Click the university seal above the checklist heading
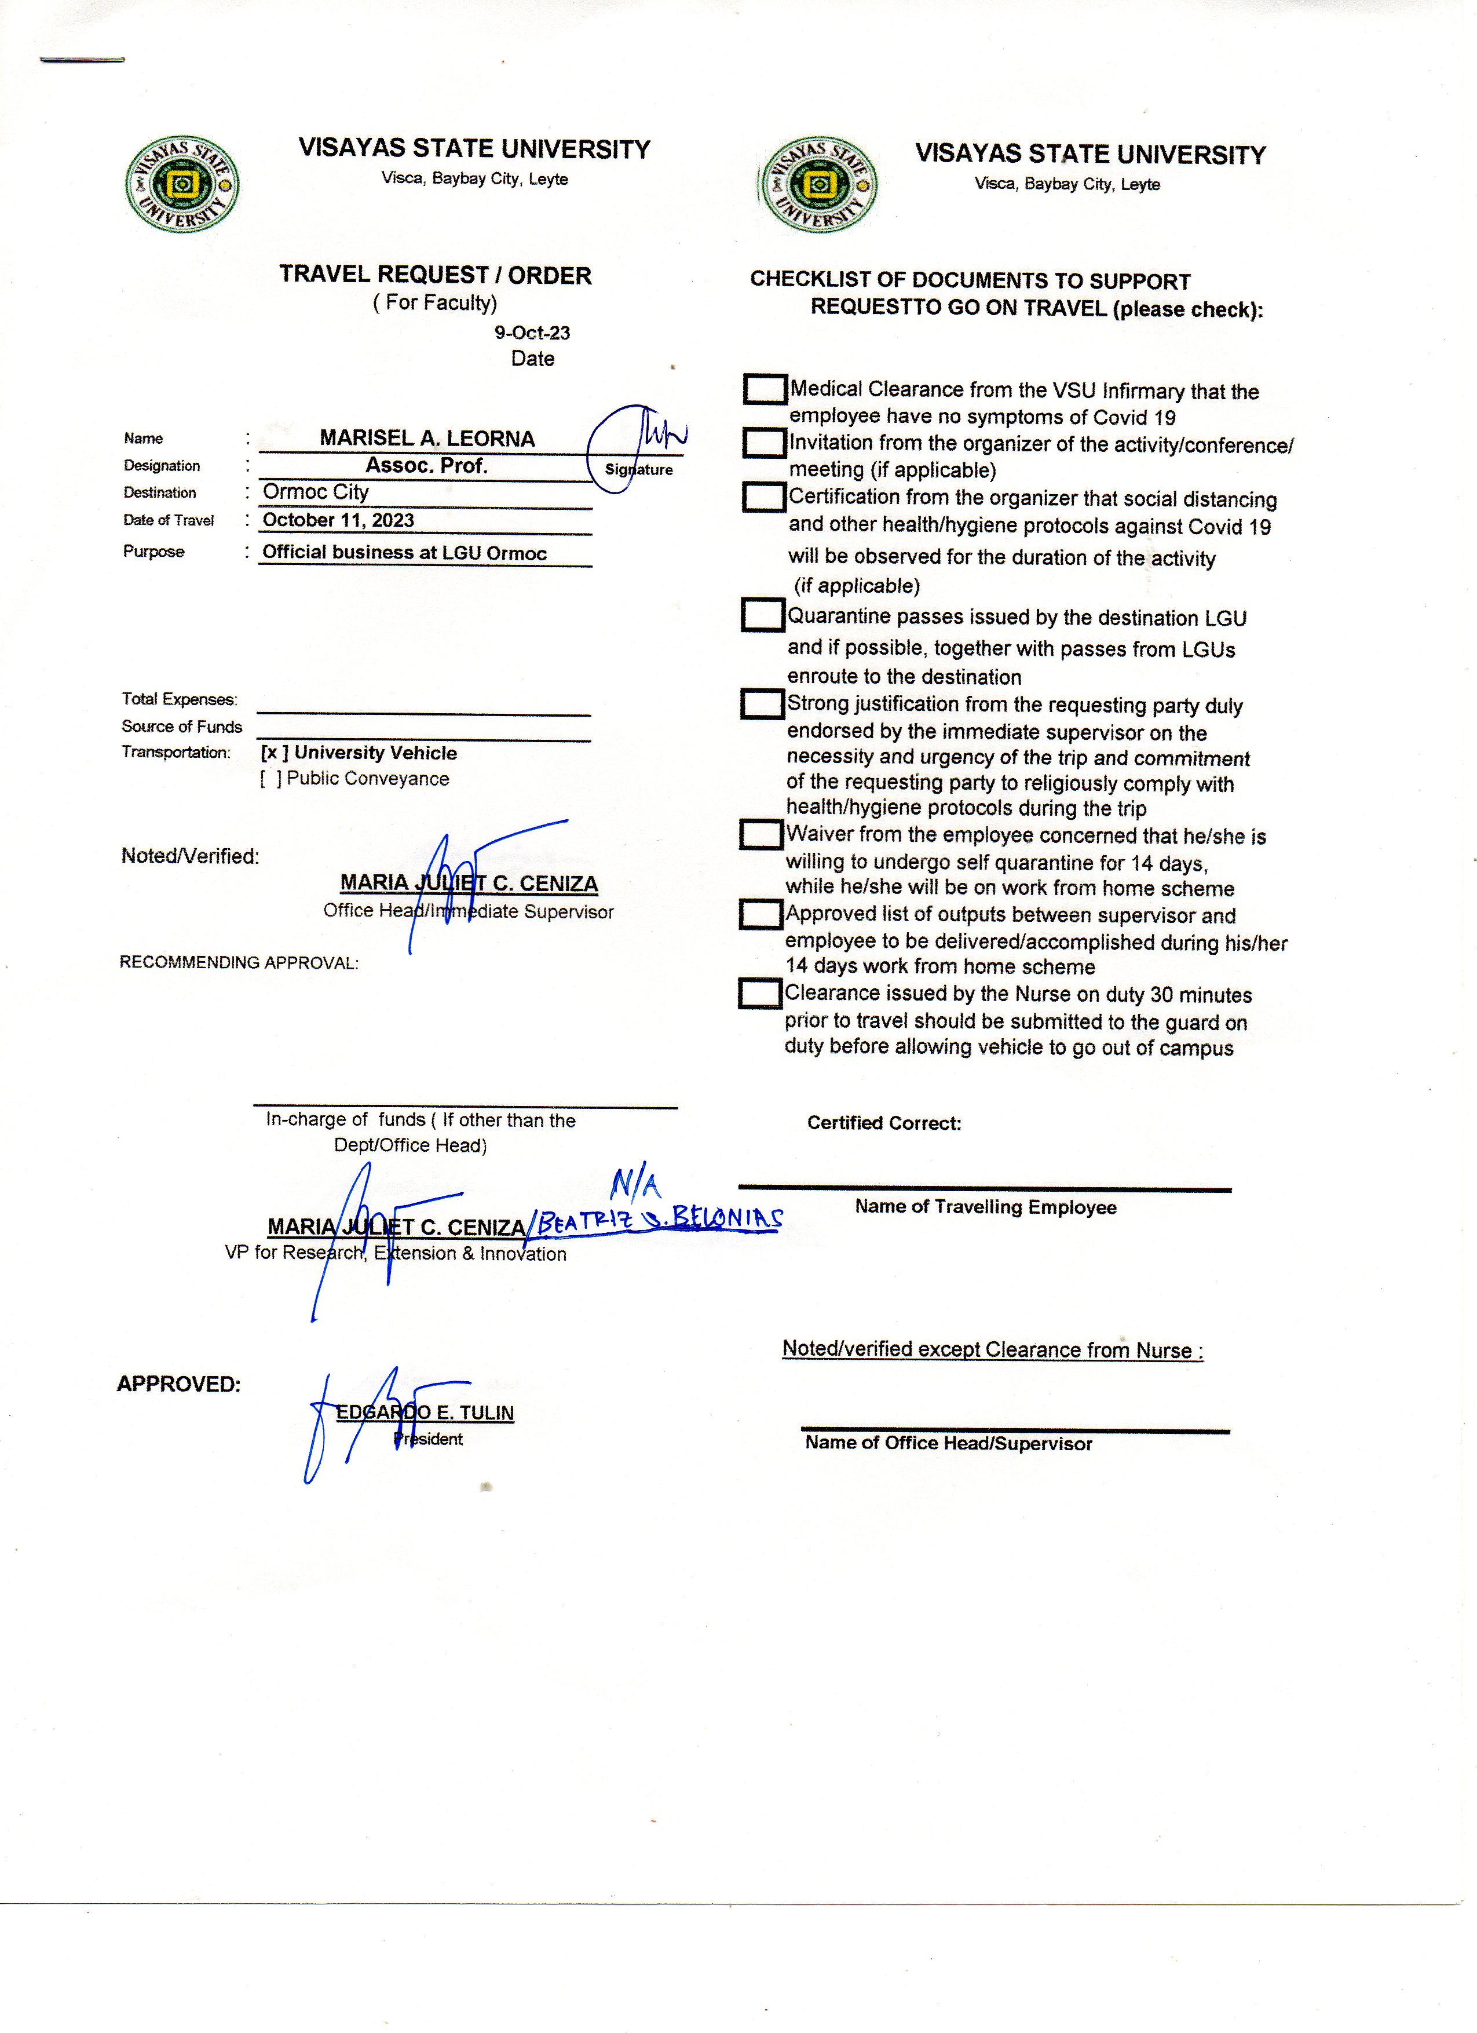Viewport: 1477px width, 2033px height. point(818,185)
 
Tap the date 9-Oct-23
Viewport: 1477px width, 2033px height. point(532,333)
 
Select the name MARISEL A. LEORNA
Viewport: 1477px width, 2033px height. point(427,439)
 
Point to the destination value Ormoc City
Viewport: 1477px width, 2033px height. point(316,492)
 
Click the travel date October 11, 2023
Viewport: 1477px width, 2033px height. point(338,520)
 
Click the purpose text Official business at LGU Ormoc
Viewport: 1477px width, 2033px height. point(404,552)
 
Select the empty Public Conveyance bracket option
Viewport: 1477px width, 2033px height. point(270,779)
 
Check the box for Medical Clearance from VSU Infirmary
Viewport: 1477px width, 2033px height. point(765,389)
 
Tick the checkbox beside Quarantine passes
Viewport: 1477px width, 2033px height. point(763,615)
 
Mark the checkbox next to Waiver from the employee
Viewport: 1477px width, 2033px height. point(761,834)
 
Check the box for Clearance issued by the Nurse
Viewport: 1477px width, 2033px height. point(760,993)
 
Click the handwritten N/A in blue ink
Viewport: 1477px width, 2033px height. point(635,1186)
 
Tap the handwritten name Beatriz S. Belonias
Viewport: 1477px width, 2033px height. point(659,1219)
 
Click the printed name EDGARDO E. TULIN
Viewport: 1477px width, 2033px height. point(425,1412)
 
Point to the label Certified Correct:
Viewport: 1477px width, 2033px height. point(884,1123)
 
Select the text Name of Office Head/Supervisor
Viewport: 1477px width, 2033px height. point(948,1443)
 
